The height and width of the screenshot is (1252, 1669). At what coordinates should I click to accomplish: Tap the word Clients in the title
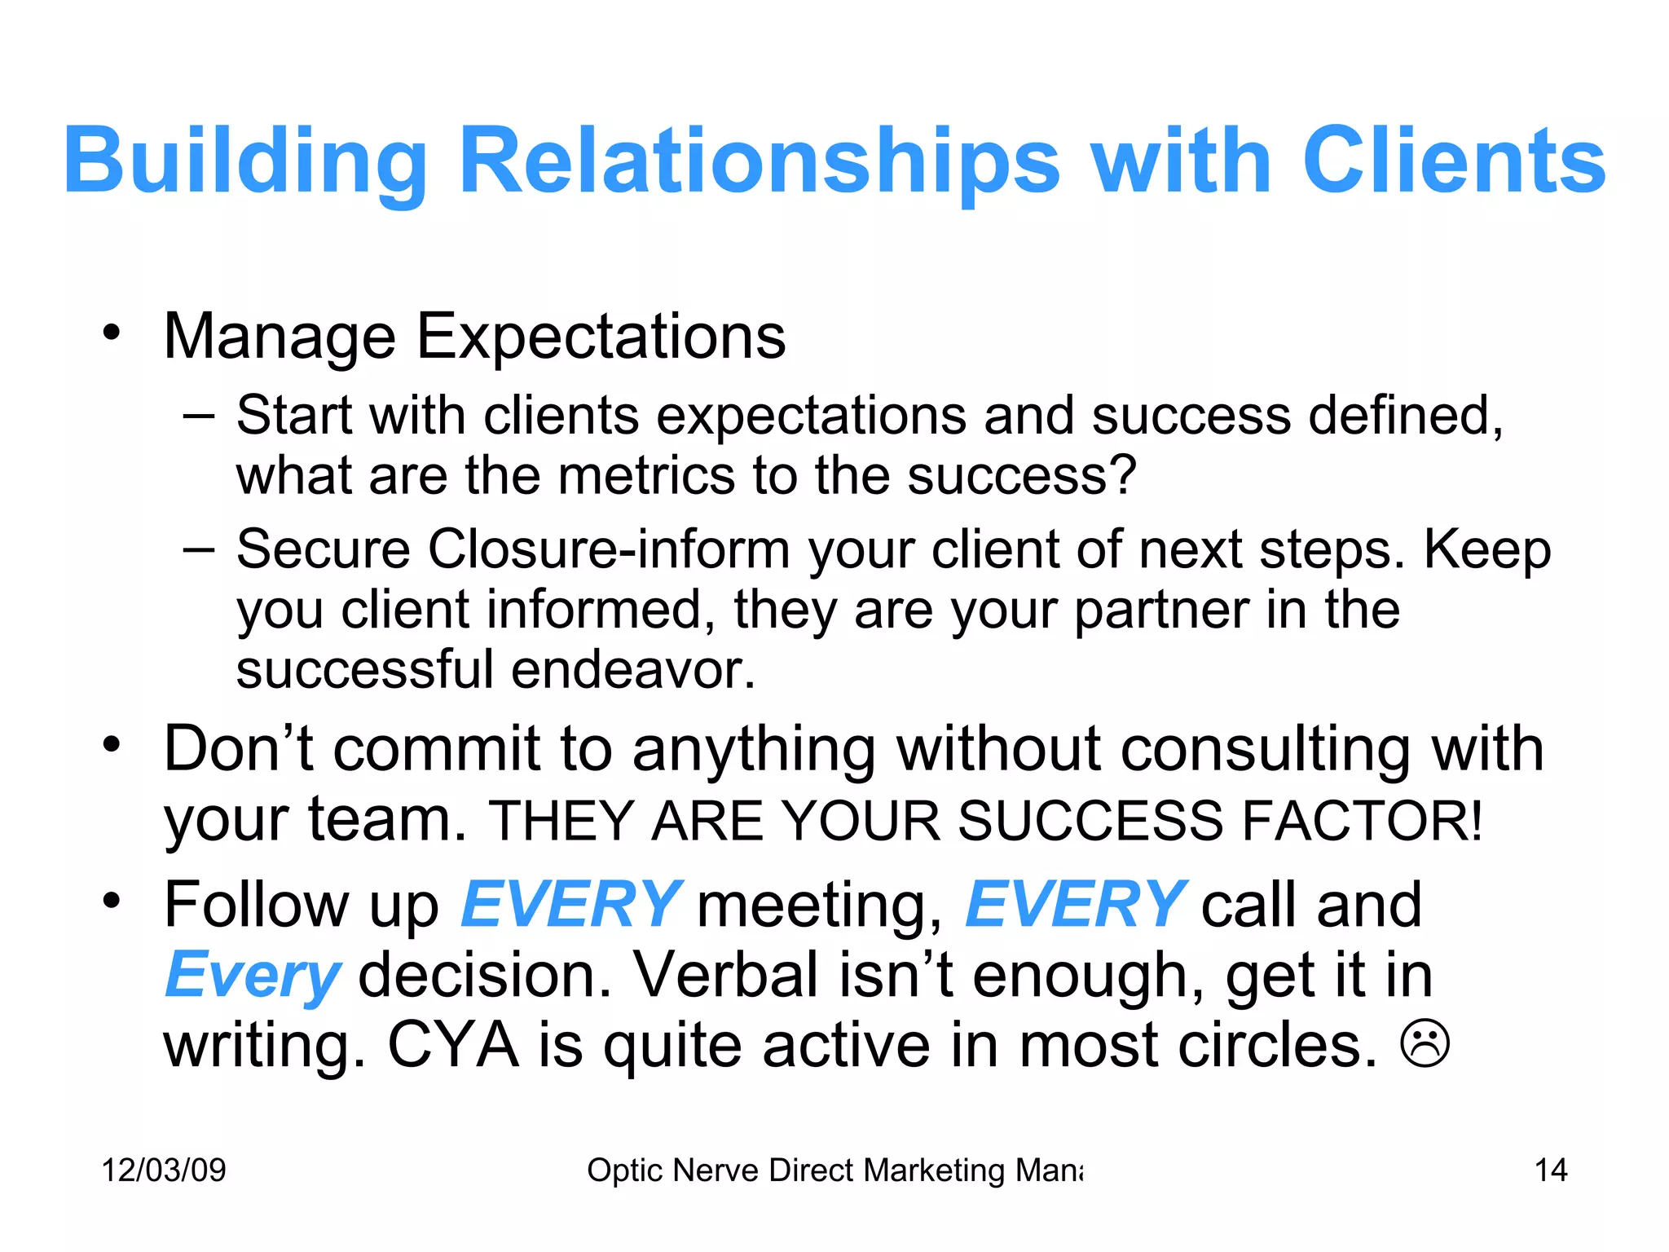pyautogui.click(x=1454, y=161)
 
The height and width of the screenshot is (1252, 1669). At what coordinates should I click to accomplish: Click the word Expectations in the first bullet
pyautogui.click(x=601, y=337)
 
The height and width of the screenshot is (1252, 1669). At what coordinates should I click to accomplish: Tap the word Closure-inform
pyautogui.click(x=609, y=549)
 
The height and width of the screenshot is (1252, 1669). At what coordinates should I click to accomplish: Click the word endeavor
pyautogui.click(x=633, y=670)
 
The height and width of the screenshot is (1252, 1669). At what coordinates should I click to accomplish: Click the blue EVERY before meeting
pyautogui.click(x=570, y=905)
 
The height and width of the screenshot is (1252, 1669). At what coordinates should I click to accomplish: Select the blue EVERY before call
pyautogui.click(x=1074, y=905)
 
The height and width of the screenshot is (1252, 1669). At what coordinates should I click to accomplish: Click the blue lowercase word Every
pyautogui.click(x=253, y=976)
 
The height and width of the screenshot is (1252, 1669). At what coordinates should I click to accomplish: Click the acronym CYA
pyautogui.click(x=453, y=1046)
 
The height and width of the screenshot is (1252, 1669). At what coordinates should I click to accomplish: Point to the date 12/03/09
pyautogui.click(x=164, y=1170)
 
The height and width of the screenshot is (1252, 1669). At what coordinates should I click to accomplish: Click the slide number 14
pyautogui.click(x=1550, y=1170)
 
